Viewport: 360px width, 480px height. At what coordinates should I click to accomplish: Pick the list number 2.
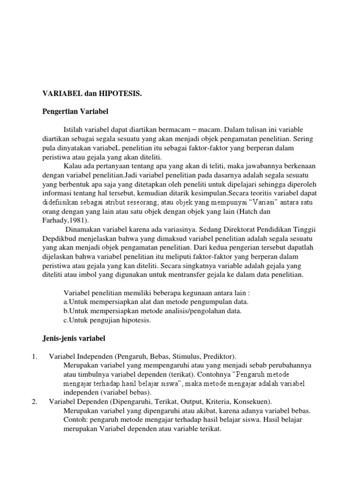click(x=35, y=401)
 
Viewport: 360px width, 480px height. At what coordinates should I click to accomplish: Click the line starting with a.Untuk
click(x=156, y=301)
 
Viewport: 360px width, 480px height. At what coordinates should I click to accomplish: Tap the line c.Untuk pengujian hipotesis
click(x=107, y=320)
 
